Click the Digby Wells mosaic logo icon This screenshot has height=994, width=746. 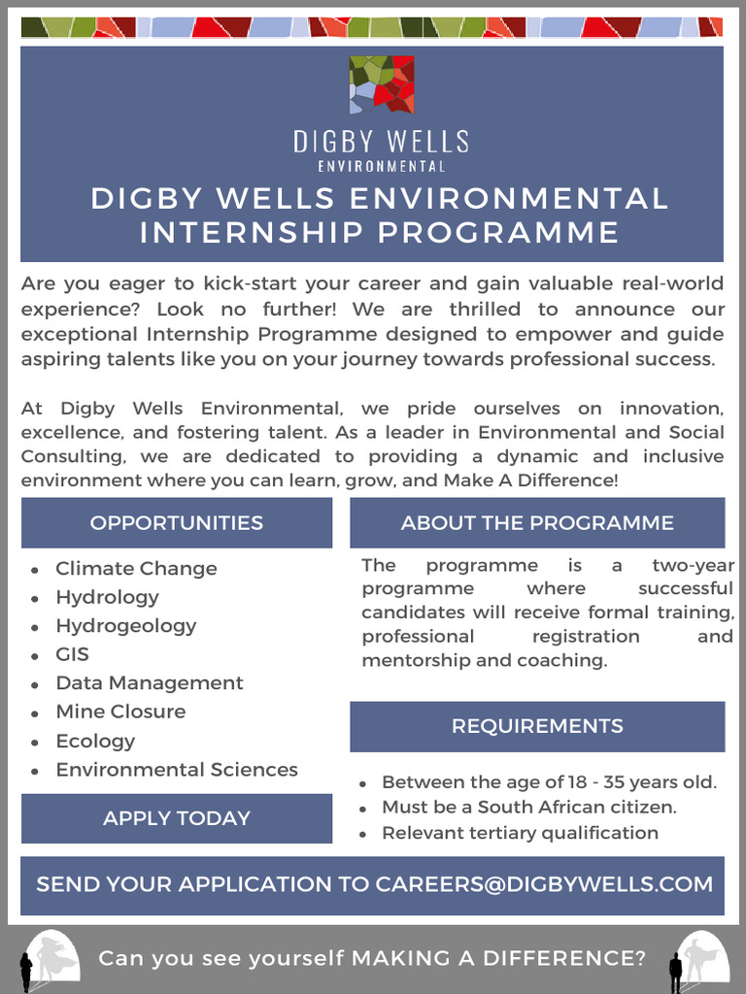tap(382, 84)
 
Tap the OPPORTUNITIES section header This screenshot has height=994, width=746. tap(177, 522)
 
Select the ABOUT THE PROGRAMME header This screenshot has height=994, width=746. tap(537, 522)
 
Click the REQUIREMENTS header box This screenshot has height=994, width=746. tap(537, 726)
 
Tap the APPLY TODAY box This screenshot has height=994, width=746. tap(177, 818)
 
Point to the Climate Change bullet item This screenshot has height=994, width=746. tap(136, 568)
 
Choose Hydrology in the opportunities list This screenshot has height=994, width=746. tap(107, 597)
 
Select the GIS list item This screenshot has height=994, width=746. tap(72, 654)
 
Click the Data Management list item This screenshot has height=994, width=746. tap(150, 682)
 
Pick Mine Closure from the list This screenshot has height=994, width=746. tap(120, 712)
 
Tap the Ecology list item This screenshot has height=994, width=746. tap(95, 741)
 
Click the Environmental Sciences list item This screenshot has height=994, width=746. tap(177, 770)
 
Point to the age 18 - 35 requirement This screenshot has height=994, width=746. tap(549, 782)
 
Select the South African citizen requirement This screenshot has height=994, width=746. tap(529, 807)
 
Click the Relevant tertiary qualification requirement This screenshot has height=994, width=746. tap(520, 833)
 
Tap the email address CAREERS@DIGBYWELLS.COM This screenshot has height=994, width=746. tap(544, 884)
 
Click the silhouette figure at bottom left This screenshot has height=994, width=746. tap(26, 971)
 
